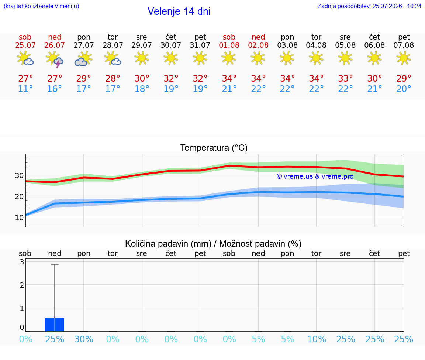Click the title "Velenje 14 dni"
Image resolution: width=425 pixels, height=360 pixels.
click(x=179, y=11)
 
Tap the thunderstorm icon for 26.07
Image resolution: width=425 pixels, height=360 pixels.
click(x=55, y=59)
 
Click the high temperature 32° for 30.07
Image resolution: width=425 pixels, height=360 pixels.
click(x=171, y=78)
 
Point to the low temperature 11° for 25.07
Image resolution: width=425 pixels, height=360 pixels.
click(x=25, y=89)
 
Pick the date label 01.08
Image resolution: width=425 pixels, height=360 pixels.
click(x=229, y=45)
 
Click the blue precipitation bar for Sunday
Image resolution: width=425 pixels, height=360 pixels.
click(x=55, y=325)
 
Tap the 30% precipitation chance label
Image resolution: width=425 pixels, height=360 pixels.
click(x=84, y=339)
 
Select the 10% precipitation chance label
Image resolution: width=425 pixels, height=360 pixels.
click(x=316, y=339)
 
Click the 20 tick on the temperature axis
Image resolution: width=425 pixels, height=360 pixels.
click(x=19, y=196)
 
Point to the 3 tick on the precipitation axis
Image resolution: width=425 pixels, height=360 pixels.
click(x=22, y=262)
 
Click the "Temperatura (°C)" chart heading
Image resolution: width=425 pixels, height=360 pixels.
click(x=214, y=148)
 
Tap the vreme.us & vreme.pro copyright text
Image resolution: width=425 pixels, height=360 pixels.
click(x=315, y=176)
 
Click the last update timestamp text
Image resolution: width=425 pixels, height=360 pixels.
click(x=369, y=6)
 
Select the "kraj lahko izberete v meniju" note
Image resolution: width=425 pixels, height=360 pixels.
click(x=41, y=6)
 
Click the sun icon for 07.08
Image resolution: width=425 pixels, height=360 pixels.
click(x=404, y=58)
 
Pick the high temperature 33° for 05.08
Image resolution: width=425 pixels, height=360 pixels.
click(x=345, y=78)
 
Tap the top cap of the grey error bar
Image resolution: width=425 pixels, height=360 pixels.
click(x=55, y=264)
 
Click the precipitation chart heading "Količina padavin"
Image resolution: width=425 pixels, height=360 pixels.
click(x=168, y=244)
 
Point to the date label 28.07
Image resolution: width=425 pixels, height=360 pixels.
click(x=113, y=45)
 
